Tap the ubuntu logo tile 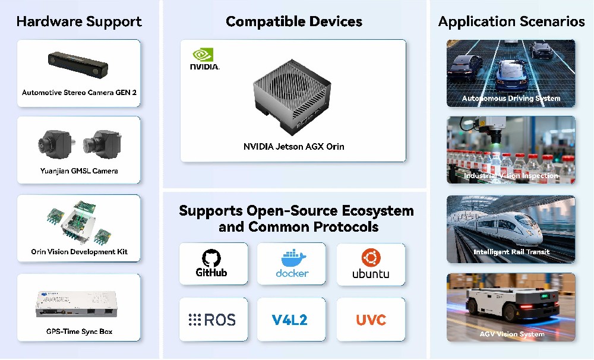coord(371,264)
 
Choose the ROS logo coord(213,320)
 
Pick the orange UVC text coord(371,320)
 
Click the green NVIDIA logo coord(204,59)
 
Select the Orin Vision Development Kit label coord(79,252)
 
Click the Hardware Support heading coord(79,22)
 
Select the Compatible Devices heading coord(293,22)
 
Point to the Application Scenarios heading coord(511,22)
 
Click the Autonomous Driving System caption coord(511,99)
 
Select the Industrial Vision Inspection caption coord(511,176)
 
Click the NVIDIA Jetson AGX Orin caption coord(293,146)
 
